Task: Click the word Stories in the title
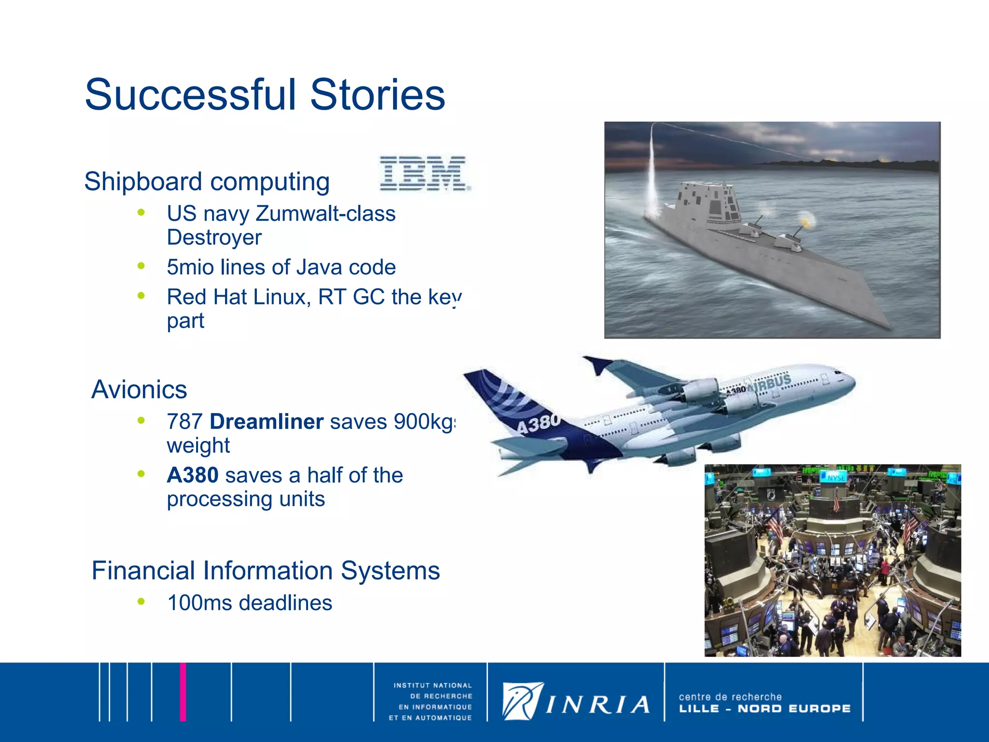pyautogui.click(x=377, y=95)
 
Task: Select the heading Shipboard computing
pyautogui.click(x=207, y=182)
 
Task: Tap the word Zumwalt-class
pyautogui.click(x=325, y=214)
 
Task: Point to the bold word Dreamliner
pyautogui.click(x=266, y=422)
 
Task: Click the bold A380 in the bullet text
pyautogui.click(x=192, y=475)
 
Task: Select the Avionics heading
pyautogui.click(x=139, y=389)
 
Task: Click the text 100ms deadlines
pyautogui.click(x=249, y=603)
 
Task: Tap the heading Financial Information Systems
pyautogui.click(x=266, y=571)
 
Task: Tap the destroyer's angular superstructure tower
pyautogui.click(x=710, y=203)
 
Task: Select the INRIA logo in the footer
pyautogui.click(x=576, y=702)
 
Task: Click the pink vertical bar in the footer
pyautogui.click(x=183, y=692)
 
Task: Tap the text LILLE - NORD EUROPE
pyautogui.click(x=764, y=709)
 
